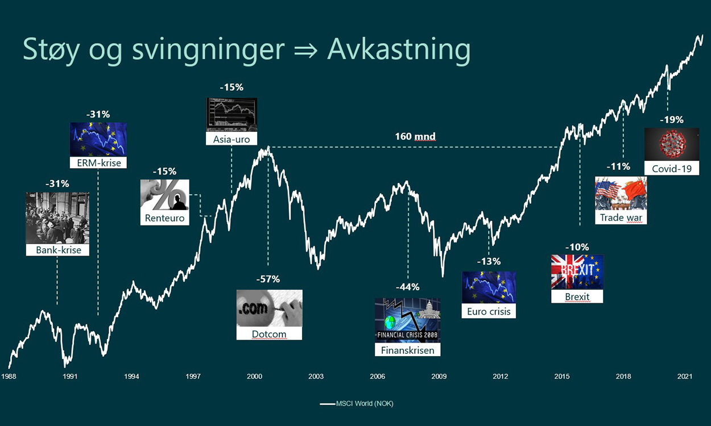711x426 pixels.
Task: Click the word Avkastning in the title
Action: coord(398,50)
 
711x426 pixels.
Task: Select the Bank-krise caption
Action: coord(58,250)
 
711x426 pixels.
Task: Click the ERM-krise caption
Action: coord(98,162)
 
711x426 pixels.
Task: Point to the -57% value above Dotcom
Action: coord(268,279)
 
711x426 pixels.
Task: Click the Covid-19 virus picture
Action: coord(672,144)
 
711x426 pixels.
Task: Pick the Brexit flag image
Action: coord(577,272)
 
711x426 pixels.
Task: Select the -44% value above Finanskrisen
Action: coord(407,287)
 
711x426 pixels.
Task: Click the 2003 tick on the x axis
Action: coord(316,376)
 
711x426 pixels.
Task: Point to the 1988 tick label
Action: coord(9,376)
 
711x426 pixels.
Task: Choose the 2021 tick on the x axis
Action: coord(685,376)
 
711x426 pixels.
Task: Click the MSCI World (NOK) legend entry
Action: coord(357,404)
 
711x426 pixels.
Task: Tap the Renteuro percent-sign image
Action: coord(165,195)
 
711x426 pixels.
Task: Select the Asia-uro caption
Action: coord(232,139)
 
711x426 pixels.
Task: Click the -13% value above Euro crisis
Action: coord(489,261)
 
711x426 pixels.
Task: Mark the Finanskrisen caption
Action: coord(407,350)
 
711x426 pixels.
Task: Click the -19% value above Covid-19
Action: coord(672,120)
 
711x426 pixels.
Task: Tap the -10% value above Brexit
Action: coord(577,247)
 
